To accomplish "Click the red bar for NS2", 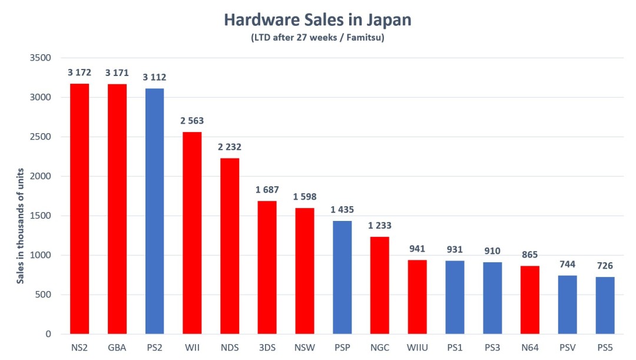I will coord(79,209).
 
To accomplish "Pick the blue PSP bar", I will coord(342,277).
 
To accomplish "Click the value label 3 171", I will coord(117,73).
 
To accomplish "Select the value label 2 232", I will coord(230,147).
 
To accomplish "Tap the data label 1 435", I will coord(342,210).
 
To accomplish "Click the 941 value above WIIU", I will coord(418,249).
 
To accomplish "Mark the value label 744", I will coord(568,264).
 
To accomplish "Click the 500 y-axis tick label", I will coord(45,295).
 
